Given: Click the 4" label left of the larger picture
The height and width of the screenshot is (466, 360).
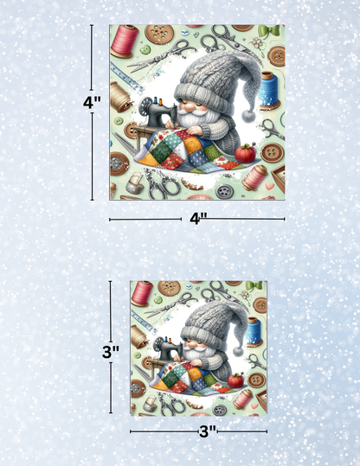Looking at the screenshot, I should [92, 101].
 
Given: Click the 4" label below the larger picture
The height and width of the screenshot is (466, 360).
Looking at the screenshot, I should [197, 219].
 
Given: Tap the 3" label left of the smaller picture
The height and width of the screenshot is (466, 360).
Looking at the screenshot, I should [110, 351].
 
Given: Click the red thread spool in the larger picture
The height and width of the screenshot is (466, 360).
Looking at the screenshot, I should [125, 41].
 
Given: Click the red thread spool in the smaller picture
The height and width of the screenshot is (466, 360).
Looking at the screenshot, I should [142, 292].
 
